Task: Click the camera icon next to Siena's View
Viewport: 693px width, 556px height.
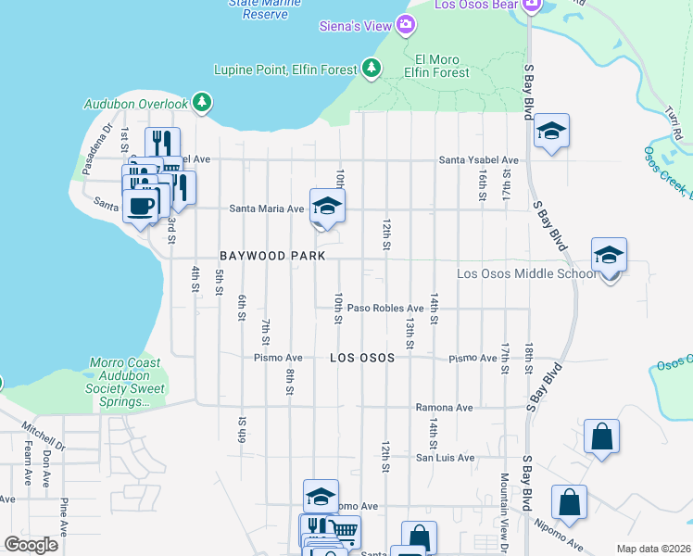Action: (405, 25)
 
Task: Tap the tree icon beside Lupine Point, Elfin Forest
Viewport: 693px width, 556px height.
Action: (372, 68)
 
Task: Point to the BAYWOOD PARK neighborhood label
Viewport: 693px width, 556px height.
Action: (258, 255)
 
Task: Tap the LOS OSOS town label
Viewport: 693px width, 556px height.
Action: (362, 357)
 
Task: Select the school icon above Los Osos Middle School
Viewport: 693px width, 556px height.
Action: (609, 255)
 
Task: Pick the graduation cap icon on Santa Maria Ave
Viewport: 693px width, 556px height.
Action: (327, 205)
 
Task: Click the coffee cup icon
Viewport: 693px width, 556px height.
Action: (141, 205)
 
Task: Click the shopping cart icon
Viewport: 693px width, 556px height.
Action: (345, 531)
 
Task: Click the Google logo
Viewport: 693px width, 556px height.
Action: (31, 545)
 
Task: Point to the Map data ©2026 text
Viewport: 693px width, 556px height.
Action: (653, 549)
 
